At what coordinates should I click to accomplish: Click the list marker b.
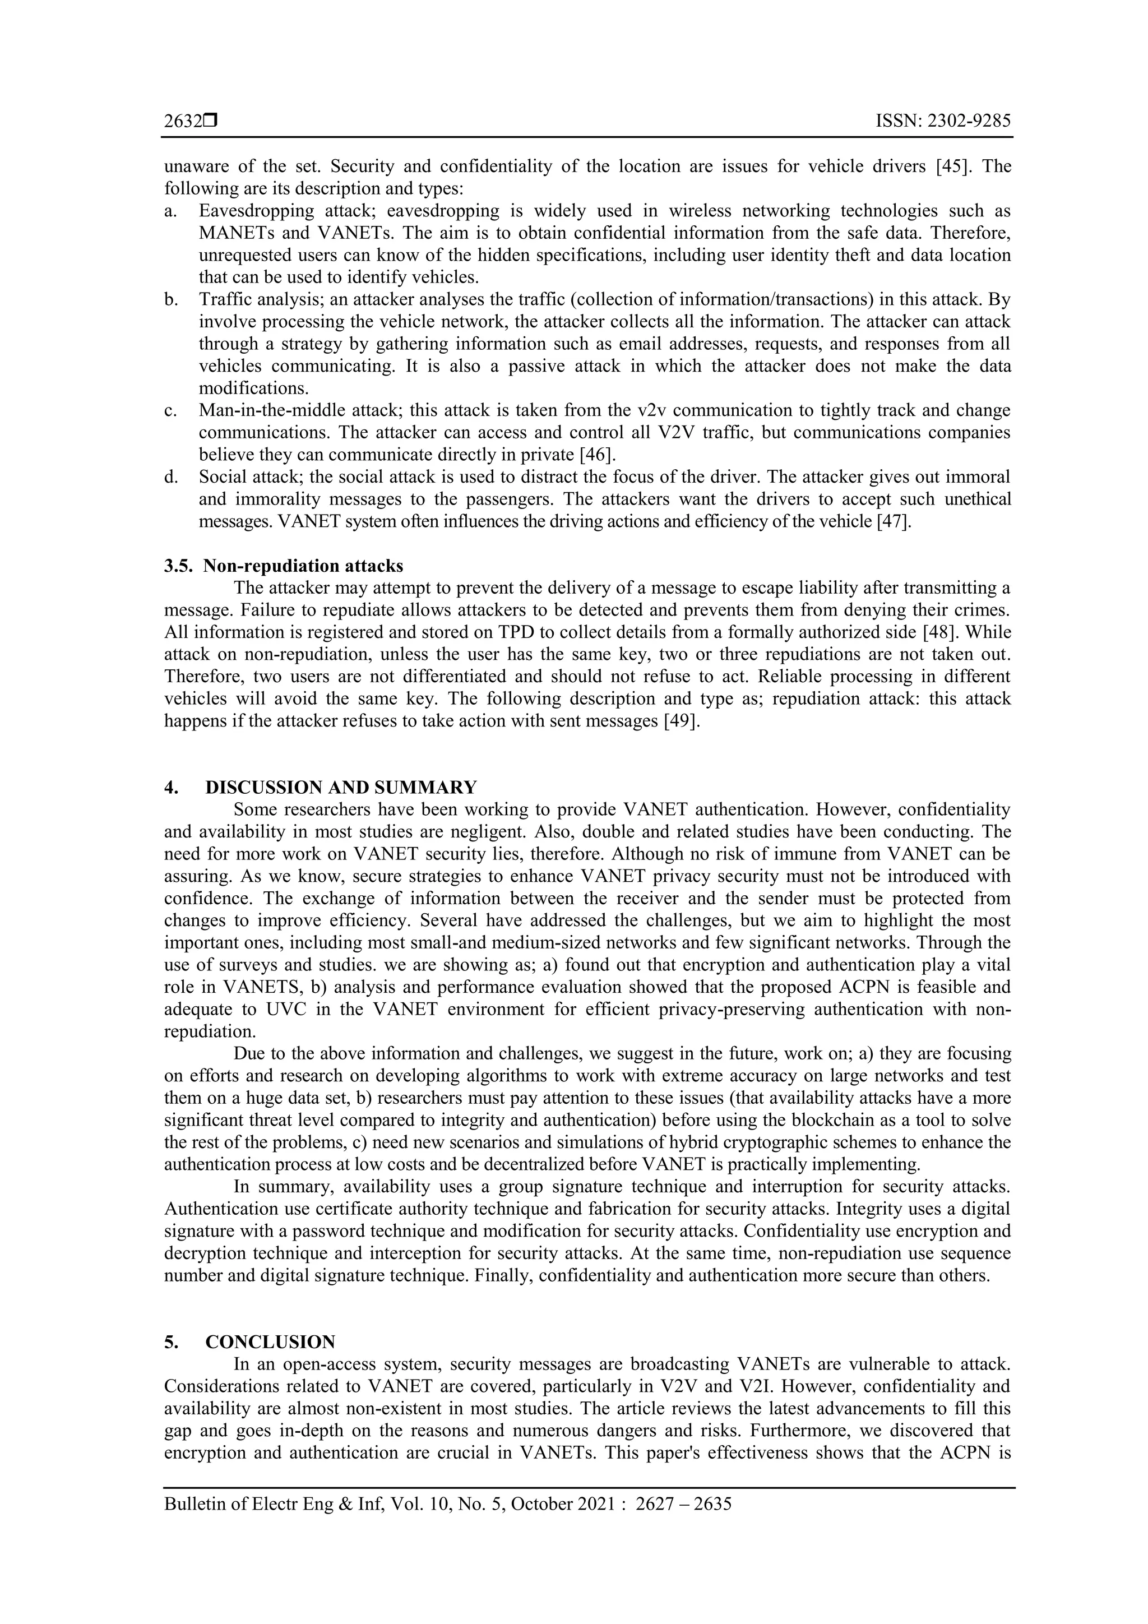[170, 299]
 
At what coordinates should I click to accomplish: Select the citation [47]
[894, 521]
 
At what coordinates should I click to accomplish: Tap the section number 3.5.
[178, 566]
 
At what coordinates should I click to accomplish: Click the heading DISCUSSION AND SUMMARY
[341, 787]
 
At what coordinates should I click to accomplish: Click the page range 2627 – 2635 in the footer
[683, 1503]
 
